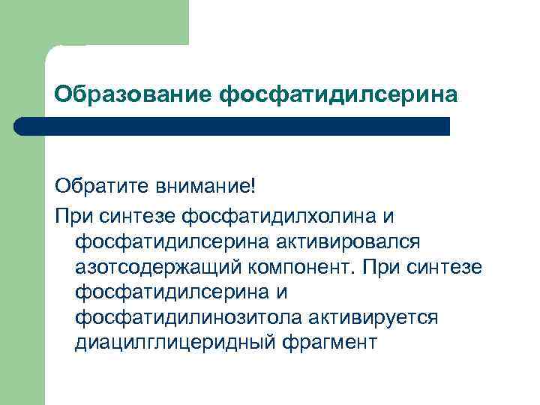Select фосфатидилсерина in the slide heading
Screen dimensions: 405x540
pos(337,94)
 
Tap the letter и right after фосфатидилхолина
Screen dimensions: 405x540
pos(388,215)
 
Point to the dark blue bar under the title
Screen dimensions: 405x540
pos(232,126)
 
